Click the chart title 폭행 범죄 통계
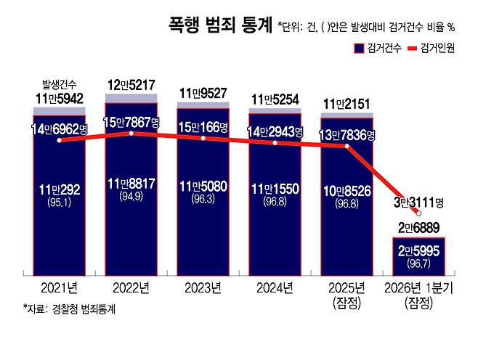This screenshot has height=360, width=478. (218, 26)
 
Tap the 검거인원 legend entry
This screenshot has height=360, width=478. (434, 48)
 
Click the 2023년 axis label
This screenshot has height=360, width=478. (203, 287)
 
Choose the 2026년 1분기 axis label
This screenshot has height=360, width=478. (419, 287)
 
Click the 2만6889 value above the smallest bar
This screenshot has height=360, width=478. (419, 228)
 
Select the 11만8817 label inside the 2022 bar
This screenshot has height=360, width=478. (131, 184)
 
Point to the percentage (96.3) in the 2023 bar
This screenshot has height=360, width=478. (203, 198)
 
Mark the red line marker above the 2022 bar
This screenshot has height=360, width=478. (131, 134)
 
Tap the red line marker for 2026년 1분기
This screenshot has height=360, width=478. (419, 213)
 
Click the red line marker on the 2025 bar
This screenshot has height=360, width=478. (347, 146)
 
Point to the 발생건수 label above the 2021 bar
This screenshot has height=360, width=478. (59, 85)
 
